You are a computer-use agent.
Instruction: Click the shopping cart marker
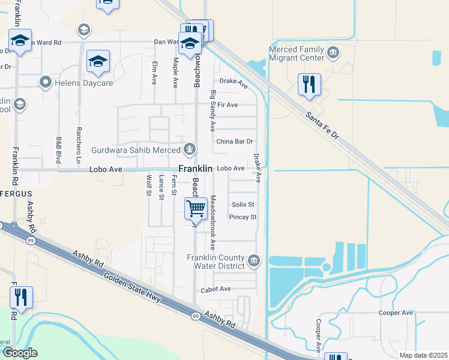[196, 209]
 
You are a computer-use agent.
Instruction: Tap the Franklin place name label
[195, 169]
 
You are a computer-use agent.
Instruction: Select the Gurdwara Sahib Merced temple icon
[190, 148]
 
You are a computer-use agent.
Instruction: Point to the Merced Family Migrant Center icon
[333, 55]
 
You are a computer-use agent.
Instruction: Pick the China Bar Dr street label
[235, 142]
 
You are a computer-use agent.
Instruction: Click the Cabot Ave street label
[216, 289]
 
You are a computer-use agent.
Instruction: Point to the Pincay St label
[244, 217]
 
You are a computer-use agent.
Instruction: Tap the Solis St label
[243, 205]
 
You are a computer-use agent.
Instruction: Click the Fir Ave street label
[228, 105]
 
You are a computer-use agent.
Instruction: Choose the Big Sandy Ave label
[212, 111]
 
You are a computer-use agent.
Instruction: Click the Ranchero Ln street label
[79, 143]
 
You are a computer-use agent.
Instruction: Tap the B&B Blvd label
[59, 149]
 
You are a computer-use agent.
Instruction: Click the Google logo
[20, 352]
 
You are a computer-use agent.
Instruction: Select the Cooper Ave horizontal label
[396, 313]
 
